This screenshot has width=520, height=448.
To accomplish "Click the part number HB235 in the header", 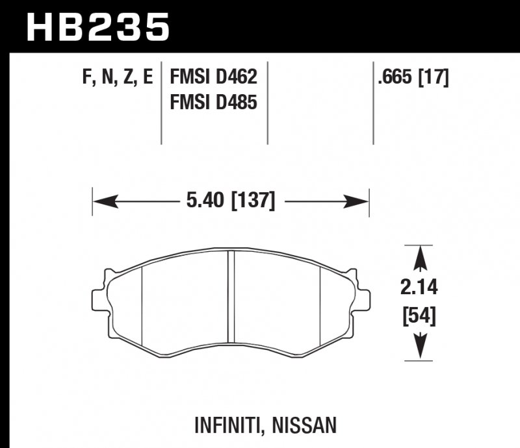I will coord(97,27).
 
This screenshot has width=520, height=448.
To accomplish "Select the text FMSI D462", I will coord(213,78).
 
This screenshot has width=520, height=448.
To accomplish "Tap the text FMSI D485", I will coord(213,102).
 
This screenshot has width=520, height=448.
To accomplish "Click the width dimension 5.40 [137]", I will coord(231,201).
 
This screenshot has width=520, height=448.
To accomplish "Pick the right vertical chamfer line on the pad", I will coord(322,302).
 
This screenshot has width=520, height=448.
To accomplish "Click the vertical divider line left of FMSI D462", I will coord(161,104).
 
